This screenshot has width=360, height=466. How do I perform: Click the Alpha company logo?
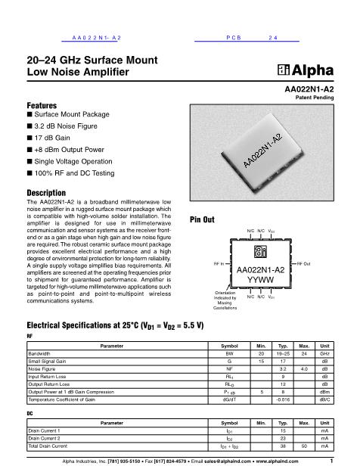[305, 72]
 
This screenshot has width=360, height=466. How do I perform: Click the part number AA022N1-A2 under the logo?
[306, 90]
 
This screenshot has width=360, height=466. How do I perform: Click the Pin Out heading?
[203, 219]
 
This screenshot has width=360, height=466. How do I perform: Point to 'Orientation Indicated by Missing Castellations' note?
[225, 300]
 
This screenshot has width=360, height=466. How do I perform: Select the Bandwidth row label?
[40, 353]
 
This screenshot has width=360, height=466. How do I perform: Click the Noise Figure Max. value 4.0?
[303, 368]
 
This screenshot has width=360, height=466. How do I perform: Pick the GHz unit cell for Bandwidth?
[324, 353]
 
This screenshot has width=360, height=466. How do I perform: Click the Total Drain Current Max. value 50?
[303, 445]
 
